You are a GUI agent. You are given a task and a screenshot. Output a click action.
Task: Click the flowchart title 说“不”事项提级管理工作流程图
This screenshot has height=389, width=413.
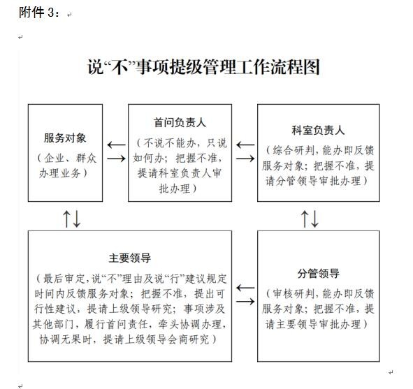coord(203,67)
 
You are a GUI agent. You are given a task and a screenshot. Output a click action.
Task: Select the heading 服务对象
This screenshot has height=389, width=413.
coord(65,138)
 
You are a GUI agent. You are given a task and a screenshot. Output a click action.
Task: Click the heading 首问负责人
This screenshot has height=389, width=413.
coord(180,123)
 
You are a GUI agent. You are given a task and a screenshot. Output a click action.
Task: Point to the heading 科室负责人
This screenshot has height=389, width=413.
coord(318,131)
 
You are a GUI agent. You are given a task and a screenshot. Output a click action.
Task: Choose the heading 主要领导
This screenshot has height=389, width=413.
coord(130,258)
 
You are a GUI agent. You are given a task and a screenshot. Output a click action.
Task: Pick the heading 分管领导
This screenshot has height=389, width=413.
coord(319,274)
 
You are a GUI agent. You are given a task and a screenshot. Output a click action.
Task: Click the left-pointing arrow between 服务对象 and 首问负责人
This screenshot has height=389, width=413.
coord(116,145)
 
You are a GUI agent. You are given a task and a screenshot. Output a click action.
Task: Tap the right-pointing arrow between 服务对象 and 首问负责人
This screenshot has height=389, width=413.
coord(116,159)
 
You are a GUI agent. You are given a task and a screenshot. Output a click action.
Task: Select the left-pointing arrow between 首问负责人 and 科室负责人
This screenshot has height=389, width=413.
coord(245,145)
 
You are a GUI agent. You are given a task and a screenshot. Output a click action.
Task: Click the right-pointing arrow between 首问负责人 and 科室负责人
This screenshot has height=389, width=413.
coord(245,159)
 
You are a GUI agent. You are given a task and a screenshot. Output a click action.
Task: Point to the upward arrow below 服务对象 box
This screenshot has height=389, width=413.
coord(66,219)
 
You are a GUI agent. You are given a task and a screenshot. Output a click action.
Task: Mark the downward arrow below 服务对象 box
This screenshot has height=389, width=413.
coord(77,219)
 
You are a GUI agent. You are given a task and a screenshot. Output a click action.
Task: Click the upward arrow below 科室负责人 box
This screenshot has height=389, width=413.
coord(305,219)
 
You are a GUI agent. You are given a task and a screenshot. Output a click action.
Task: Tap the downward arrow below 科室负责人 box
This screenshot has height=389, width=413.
coord(314,219)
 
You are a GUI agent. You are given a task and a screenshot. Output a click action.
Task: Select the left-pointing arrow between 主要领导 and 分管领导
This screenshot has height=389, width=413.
coord(245,288)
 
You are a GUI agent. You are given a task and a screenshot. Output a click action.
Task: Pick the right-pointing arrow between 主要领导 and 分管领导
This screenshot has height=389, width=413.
coord(245,302)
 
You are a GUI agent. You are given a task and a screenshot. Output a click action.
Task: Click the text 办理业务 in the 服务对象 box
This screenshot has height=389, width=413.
coord(59,173)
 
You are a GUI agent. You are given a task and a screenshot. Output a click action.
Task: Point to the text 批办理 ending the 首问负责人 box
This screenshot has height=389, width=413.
coord(175,189)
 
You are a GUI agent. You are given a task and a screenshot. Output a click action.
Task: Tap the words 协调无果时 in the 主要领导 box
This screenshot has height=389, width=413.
coord(65,339)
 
